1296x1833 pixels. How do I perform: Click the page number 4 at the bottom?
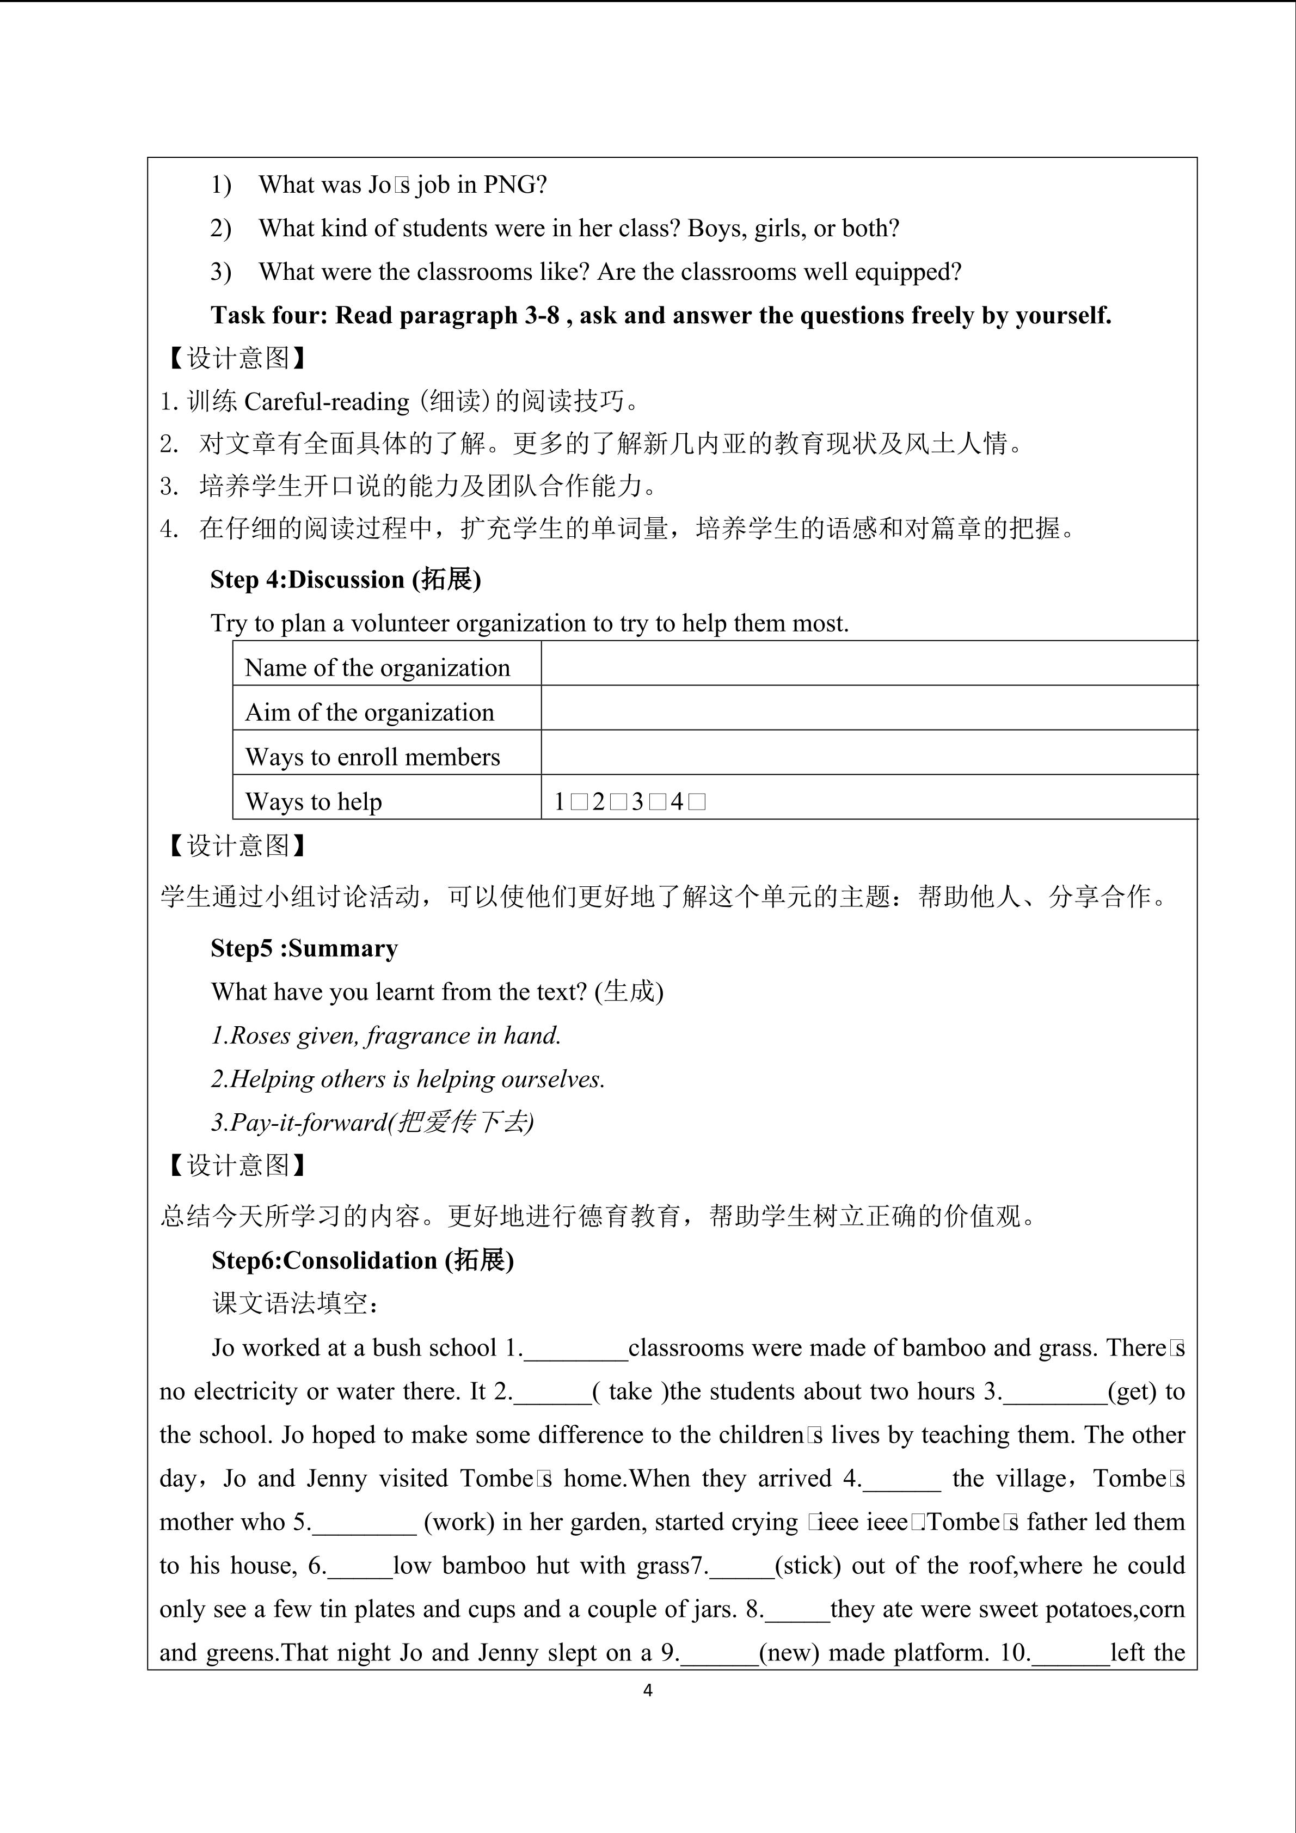click(x=647, y=1690)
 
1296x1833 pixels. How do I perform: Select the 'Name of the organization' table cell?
click(x=377, y=667)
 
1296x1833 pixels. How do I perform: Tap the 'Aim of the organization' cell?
click(x=370, y=712)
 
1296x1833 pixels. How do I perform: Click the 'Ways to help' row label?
click(x=314, y=801)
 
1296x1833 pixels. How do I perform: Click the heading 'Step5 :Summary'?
click(x=304, y=948)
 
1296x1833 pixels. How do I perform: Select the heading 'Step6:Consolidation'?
click(x=363, y=1260)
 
